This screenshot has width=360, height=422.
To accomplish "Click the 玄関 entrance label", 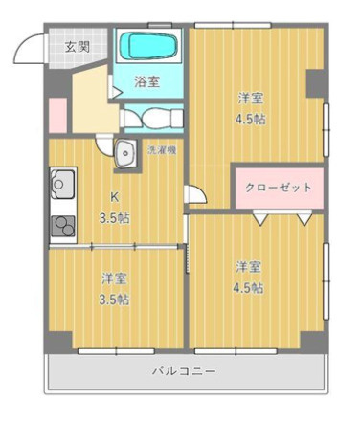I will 78,46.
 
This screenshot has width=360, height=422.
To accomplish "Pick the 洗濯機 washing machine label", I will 160,150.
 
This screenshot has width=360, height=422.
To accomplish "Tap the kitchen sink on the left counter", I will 63,183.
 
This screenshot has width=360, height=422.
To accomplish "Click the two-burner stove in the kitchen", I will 63,226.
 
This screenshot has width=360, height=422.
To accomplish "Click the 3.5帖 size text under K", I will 116,217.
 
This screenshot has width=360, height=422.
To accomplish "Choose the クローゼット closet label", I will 279,187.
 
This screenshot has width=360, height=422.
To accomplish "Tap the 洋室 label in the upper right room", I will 252,98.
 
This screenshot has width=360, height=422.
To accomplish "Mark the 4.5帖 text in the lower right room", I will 248,288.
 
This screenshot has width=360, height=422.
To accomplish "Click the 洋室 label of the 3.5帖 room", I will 115,279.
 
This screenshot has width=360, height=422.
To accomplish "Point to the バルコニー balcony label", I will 183,370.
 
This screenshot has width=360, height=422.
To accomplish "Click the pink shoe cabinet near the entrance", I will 56,114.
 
